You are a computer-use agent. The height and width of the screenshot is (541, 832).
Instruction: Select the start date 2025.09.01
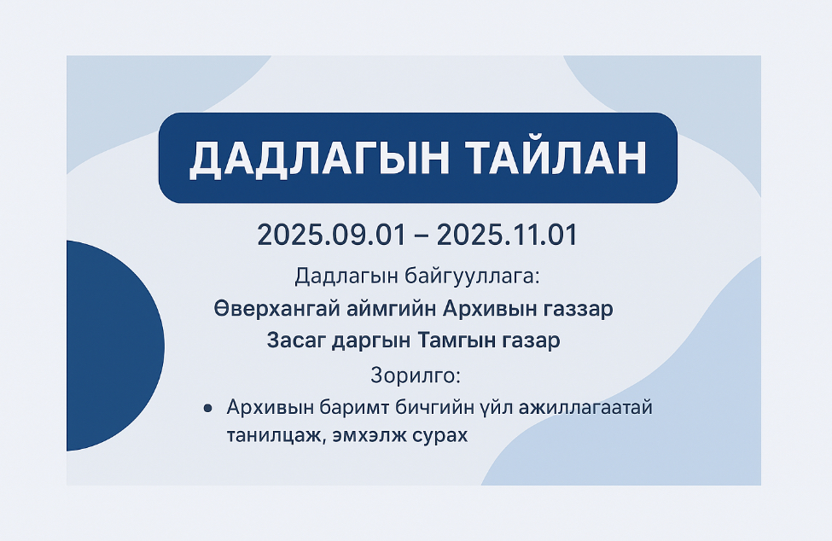click(332, 235)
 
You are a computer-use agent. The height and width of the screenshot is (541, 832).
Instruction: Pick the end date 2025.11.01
click(507, 235)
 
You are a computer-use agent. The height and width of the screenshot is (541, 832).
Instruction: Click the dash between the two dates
click(422, 236)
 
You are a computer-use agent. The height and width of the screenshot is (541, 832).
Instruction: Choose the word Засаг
click(295, 340)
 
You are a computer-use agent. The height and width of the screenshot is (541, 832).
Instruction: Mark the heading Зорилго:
click(416, 375)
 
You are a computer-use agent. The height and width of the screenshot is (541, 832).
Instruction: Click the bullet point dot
click(207, 409)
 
